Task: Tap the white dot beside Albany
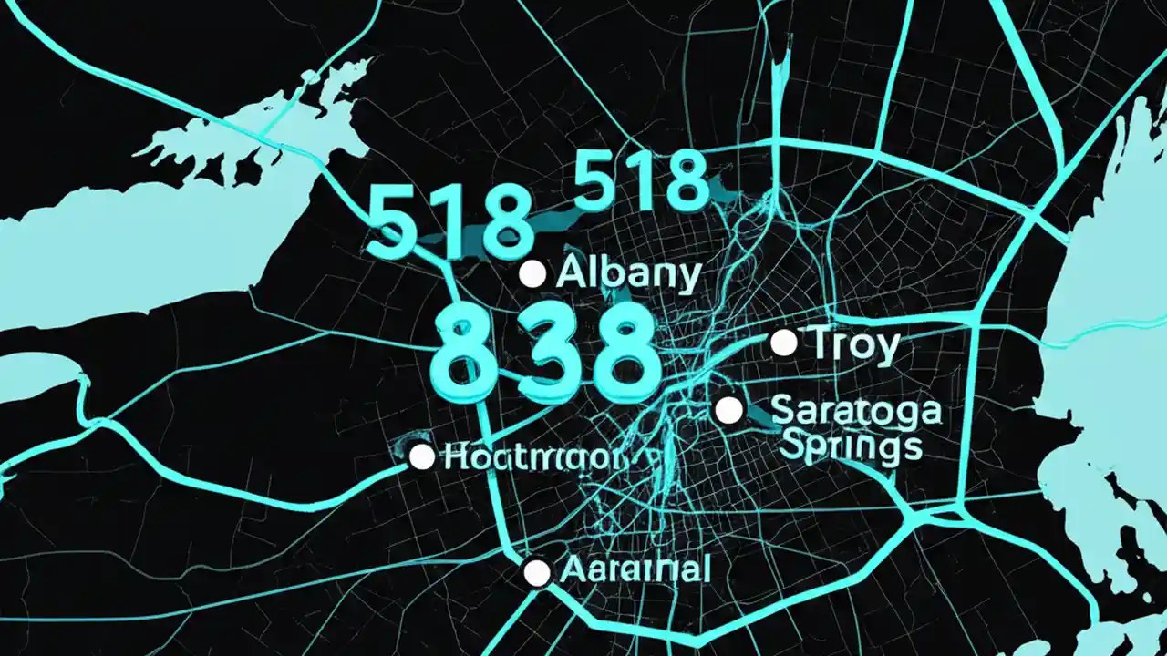coord(532,273)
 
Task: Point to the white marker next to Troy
coord(783,343)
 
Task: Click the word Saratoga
coord(855,411)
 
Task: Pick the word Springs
coord(845,446)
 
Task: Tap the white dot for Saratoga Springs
coord(728,410)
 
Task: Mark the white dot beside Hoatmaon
coord(421,457)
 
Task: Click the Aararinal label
coord(635,570)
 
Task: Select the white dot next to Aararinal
coord(537,572)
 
